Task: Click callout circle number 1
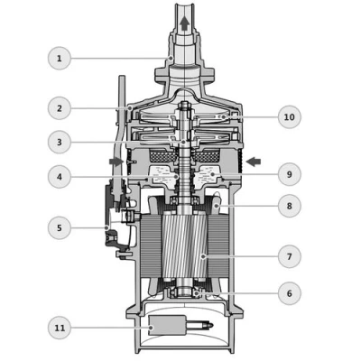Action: click(60, 59)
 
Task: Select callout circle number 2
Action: click(60, 108)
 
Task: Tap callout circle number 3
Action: click(60, 142)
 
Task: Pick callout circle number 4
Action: click(60, 177)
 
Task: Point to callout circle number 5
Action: click(60, 227)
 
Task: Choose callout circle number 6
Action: click(290, 293)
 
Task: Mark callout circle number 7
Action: click(290, 256)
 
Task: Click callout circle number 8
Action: click(290, 206)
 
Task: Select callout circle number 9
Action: click(290, 174)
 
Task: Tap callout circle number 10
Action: click(290, 116)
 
